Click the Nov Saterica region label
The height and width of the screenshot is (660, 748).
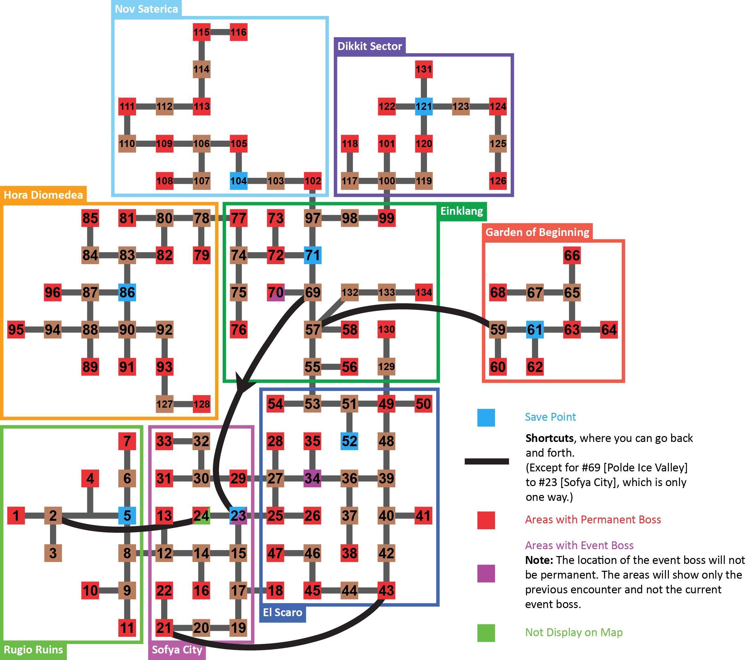146,9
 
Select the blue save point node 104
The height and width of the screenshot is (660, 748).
238,181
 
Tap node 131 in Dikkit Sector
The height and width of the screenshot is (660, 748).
424,69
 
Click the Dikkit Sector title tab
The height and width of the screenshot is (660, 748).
370,46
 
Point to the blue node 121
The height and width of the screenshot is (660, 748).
424,107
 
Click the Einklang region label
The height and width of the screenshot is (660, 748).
462,211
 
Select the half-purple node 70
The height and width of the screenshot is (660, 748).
276,292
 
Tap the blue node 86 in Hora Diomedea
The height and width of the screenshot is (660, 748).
127,292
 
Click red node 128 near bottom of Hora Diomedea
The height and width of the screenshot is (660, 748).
202,404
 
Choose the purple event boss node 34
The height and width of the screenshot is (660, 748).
312,478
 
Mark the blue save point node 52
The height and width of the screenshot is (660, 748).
349,441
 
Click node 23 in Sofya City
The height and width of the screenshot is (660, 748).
238,516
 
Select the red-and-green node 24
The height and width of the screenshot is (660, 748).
201,516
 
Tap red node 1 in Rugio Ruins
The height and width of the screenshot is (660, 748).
16,516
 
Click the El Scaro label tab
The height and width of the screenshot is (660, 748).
282,613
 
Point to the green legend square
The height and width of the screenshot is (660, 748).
486,633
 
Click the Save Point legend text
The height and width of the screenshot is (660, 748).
550,417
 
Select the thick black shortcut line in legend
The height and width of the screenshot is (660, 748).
486,461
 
